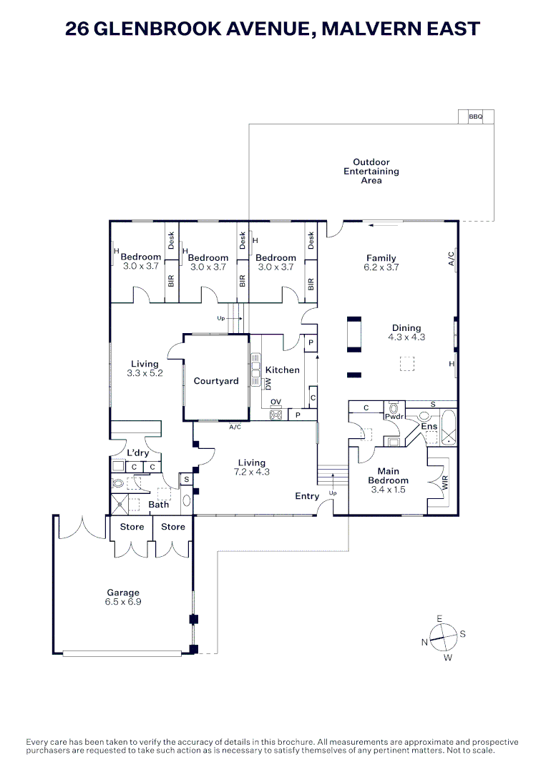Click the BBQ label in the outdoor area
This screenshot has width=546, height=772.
(x=476, y=117)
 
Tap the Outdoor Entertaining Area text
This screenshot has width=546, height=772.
(x=371, y=172)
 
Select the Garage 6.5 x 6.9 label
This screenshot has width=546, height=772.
(x=123, y=598)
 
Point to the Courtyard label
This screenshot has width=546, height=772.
(x=216, y=381)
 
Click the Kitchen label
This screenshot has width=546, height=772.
(x=283, y=370)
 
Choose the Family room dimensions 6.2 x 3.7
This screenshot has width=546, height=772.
(x=381, y=267)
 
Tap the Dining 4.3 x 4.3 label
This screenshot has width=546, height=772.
(x=406, y=332)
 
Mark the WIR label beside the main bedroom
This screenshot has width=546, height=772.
(x=445, y=482)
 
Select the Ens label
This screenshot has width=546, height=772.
(x=429, y=427)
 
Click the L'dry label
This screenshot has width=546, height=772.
(x=137, y=453)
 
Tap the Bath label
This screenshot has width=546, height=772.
(x=158, y=505)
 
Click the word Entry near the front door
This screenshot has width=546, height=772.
(x=307, y=496)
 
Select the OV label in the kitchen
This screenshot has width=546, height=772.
(x=276, y=402)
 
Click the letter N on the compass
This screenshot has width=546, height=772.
(x=424, y=643)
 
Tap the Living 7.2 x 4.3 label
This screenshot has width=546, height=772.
(x=251, y=467)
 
